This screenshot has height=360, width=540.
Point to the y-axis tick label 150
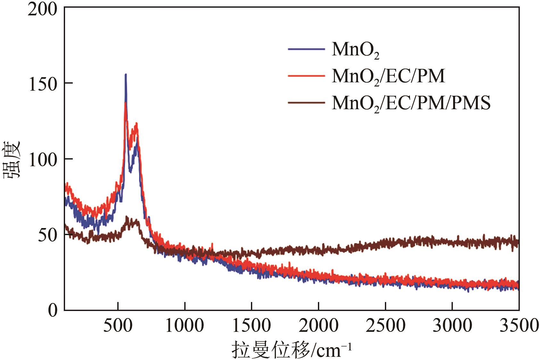42,84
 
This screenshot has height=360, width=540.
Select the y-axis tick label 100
42,160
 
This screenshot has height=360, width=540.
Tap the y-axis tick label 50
47,235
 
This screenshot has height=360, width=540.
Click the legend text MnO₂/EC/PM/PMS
411,103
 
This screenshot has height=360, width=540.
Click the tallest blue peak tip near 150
126,75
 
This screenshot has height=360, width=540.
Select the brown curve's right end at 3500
518,242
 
